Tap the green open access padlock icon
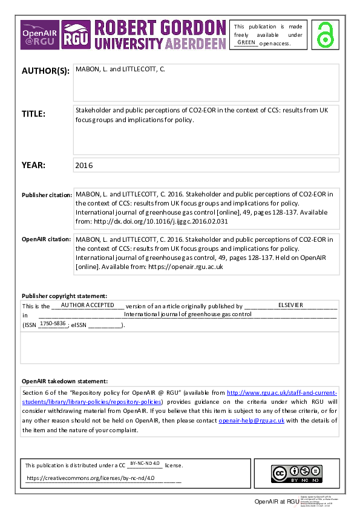click(327, 34)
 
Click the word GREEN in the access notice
click(246, 42)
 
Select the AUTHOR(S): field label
click(46, 71)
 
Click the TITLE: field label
click(33, 113)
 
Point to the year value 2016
click(85, 165)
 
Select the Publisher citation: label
click(46, 195)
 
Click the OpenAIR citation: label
click(45, 239)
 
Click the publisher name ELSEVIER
click(290, 305)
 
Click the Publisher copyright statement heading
click(64, 296)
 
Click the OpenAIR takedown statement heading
click(65, 381)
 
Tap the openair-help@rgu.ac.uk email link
click(250, 420)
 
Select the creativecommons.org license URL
click(91, 478)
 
